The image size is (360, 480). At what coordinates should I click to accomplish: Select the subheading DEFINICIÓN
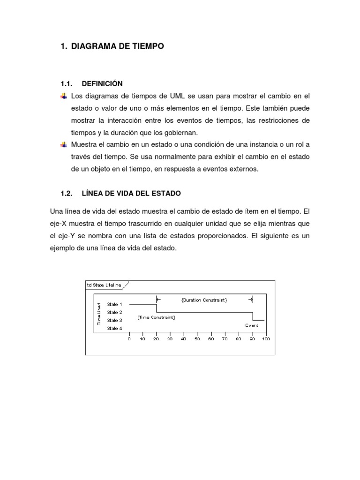[x=102, y=84]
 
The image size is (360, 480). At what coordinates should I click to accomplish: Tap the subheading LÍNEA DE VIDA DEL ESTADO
[x=131, y=193]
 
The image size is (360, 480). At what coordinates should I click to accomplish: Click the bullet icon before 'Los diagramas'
[x=63, y=96]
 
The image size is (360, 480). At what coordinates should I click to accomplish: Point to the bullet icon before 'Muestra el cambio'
[x=63, y=145]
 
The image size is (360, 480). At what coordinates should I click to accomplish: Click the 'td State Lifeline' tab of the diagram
[x=104, y=285]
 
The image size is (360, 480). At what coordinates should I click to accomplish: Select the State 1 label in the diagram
[x=114, y=304]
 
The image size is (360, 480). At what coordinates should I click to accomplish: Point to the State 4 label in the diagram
[x=114, y=328]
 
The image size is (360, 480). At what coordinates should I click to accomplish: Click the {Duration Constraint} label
[x=204, y=300]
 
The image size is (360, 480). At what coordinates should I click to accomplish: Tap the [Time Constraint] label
[x=156, y=317]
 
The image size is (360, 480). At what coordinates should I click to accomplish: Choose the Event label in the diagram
[x=252, y=325]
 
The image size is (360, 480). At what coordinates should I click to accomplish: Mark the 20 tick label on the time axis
[x=156, y=339]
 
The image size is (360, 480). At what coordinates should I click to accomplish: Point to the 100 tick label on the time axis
[x=266, y=339]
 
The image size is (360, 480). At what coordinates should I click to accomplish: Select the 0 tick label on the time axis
[x=129, y=339]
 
